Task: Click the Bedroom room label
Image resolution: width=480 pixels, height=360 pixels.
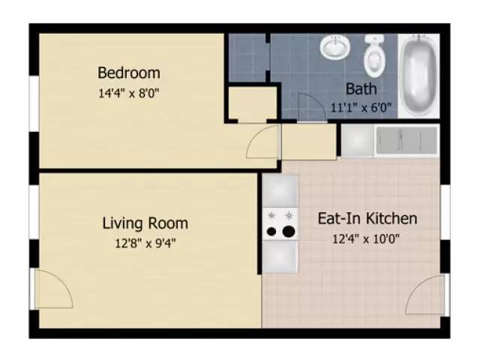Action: point(129,73)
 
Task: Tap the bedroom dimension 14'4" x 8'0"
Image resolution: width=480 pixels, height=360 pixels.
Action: point(129,94)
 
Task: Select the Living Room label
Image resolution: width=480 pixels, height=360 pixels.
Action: point(145,223)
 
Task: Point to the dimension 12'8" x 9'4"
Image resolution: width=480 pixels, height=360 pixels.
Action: point(145,242)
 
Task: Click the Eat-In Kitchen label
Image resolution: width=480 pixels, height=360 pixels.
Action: point(367,219)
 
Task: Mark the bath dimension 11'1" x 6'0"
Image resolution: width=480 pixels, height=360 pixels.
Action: point(361,107)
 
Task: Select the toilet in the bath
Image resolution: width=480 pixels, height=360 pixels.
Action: point(374,54)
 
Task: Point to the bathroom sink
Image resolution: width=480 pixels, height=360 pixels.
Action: point(334,48)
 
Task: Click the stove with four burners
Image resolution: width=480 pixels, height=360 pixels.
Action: point(280,223)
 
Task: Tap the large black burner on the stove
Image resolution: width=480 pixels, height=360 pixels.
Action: point(287,231)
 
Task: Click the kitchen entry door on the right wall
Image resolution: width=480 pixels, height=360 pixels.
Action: point(425,295)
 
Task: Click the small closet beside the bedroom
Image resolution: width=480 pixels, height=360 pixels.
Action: point(251,104)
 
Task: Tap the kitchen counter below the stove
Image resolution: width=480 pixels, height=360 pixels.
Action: point(280,257)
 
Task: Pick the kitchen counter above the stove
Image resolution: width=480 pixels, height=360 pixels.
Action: point(280,190)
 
